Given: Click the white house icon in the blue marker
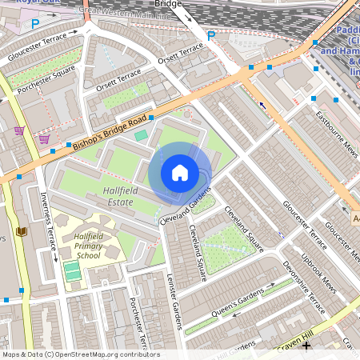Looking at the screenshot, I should click(x=180, y=172).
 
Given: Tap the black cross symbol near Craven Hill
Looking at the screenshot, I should click(x=306, y=346).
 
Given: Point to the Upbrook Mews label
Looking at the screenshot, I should click(x=319, y=267).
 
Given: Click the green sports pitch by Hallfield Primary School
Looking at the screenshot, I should click(x=73, y=271).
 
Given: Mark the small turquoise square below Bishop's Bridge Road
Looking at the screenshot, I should click(x=141, y=135).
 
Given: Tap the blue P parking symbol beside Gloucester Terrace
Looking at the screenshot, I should click(x=34, y=24).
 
